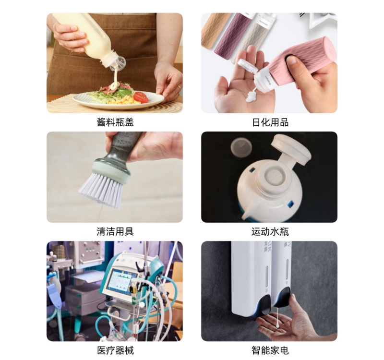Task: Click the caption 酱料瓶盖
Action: click(115, 122)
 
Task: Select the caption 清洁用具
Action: click(115, 232)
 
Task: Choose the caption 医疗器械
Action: click(115, 350)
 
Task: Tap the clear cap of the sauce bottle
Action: click(118, 63)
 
